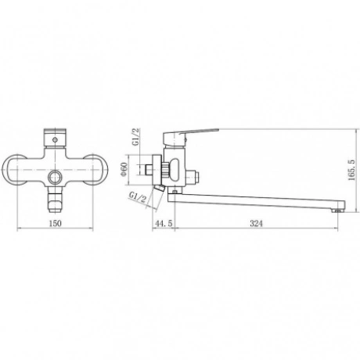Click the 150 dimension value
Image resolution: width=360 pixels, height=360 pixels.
pos(55,223)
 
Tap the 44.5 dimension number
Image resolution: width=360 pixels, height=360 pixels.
pos(164,223)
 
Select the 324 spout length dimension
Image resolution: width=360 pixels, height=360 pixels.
pos(257,223)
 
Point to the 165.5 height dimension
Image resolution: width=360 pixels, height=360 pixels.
pos(351,170)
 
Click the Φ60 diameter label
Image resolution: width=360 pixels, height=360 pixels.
pos(124,169)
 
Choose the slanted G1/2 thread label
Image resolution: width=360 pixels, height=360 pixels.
pos(138,197)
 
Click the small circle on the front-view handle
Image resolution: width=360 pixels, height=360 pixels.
pos(55,140)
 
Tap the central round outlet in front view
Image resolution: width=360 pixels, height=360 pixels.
pos(55,178)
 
